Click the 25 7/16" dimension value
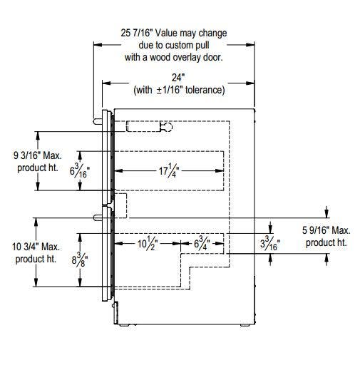point(136,33)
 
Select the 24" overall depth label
point(178,78)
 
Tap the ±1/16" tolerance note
point(179,90)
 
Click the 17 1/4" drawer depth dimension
point(169,170)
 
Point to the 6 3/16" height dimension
point(80,170)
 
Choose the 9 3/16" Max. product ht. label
point(38,162)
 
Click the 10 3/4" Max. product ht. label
point(36,252)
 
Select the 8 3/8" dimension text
point(80,259)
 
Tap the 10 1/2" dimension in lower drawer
point(148,243)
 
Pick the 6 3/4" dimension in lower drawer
point(202,243)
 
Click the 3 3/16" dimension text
point(270,243)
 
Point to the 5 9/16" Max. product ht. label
point(326,237)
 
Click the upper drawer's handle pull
point(98,121)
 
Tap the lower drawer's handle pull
point(98,217)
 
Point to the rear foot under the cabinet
point(245,325)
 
